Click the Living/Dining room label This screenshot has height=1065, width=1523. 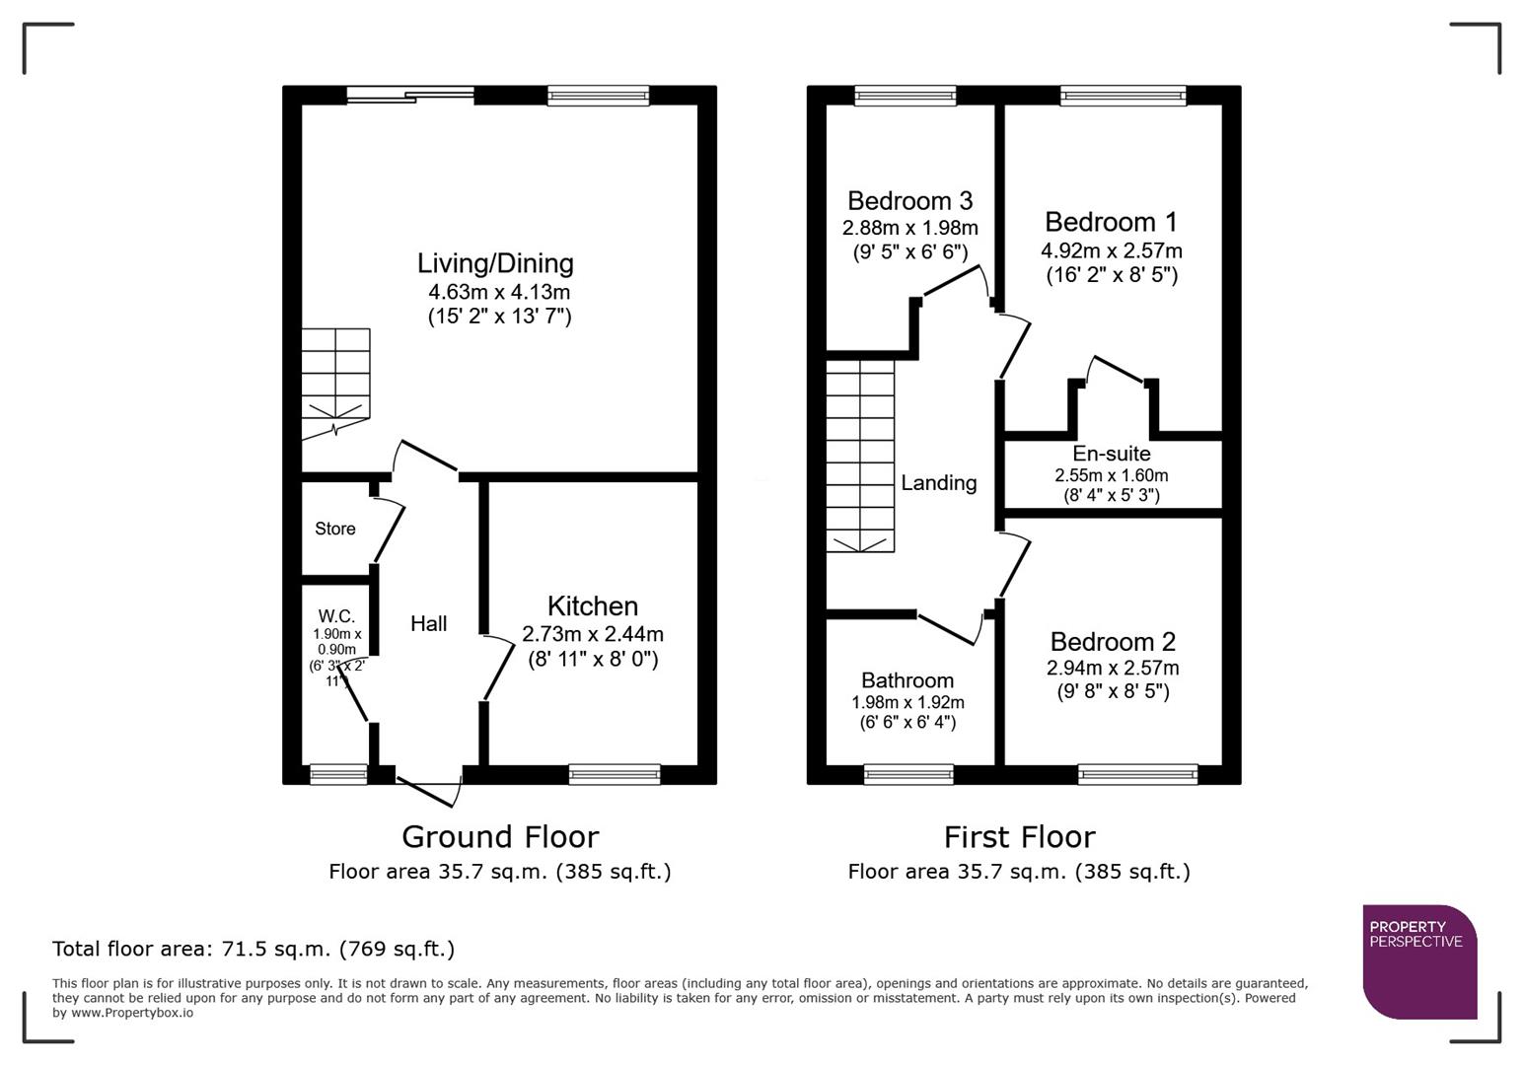click(x=495, y=263)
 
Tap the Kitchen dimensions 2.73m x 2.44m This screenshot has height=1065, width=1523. click(x=592, y=634)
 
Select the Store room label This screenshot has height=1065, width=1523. click(x=335, y=529)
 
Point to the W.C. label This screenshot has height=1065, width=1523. click(x=336, y=616)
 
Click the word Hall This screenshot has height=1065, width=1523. click(x=429, y=623)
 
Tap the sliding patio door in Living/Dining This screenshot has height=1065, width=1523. click(x=410, y=96)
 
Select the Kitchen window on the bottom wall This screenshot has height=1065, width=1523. click(x=615, y=774)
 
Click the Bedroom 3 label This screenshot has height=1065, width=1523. click(x=909, y=201)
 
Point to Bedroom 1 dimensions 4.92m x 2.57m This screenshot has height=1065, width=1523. click(x=1112, y=250)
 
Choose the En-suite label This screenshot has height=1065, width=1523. click(x=1112, y=454)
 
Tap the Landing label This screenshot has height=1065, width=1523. click(x=938, y=482)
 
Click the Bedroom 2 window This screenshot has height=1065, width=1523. click(x=1137, y=774)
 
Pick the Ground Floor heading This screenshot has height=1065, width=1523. click(x=500, y=836)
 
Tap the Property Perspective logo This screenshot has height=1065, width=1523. click(x=1419, y=961)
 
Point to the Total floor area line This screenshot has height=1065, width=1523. click(x=254, y=949)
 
